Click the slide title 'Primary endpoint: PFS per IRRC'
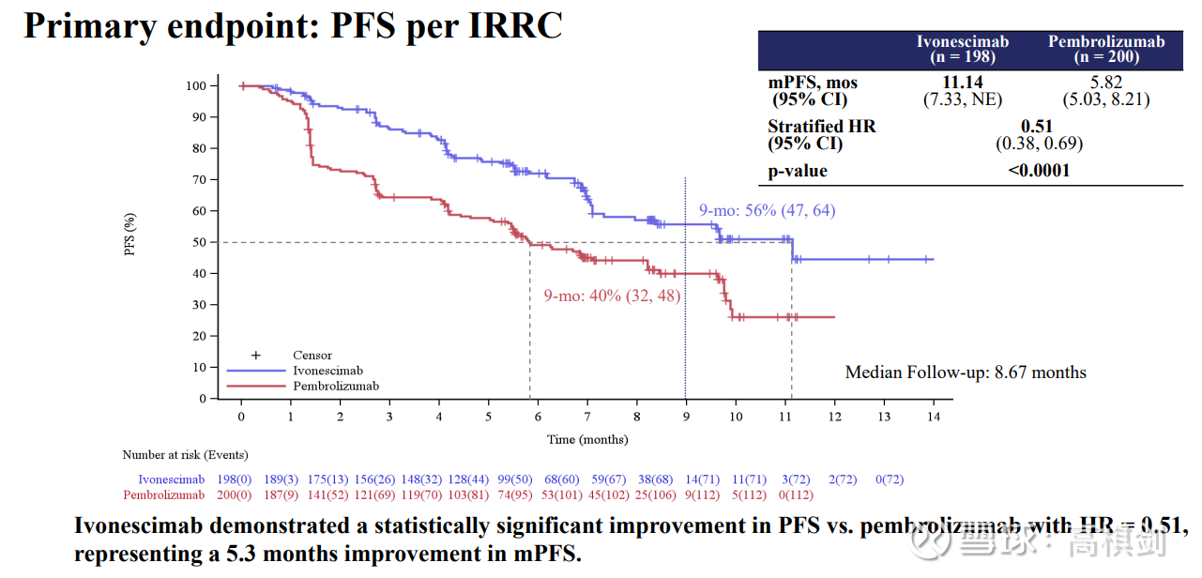click(293, 25)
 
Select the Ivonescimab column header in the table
click(962, 49)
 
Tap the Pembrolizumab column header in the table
click(1105, 49)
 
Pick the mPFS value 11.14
click(962, 83)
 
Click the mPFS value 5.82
click(1105, 83)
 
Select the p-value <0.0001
click(1038, 171)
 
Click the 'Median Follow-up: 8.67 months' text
click(966, 373)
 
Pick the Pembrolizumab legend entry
click(335, 386)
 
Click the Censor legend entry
click(312, 356)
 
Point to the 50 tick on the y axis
click(197, 242)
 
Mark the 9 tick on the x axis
click(686, 417)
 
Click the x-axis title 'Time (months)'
click(587, 439)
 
